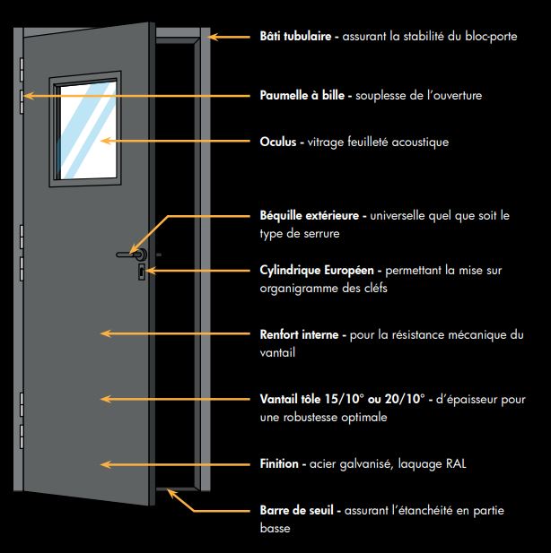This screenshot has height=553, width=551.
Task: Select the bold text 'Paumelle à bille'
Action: [x=306, y=94]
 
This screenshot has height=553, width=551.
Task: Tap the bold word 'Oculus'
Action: [x=280, y=142]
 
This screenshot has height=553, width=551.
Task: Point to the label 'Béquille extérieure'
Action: [x=310, y=216]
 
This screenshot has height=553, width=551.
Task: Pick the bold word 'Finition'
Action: [x=280, y=464]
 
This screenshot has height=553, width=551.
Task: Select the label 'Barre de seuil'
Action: [x=297, y=510]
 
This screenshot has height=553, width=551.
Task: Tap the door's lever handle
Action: [x=129, y=255]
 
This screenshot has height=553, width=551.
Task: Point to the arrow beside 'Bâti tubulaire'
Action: [x=229, y=39]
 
